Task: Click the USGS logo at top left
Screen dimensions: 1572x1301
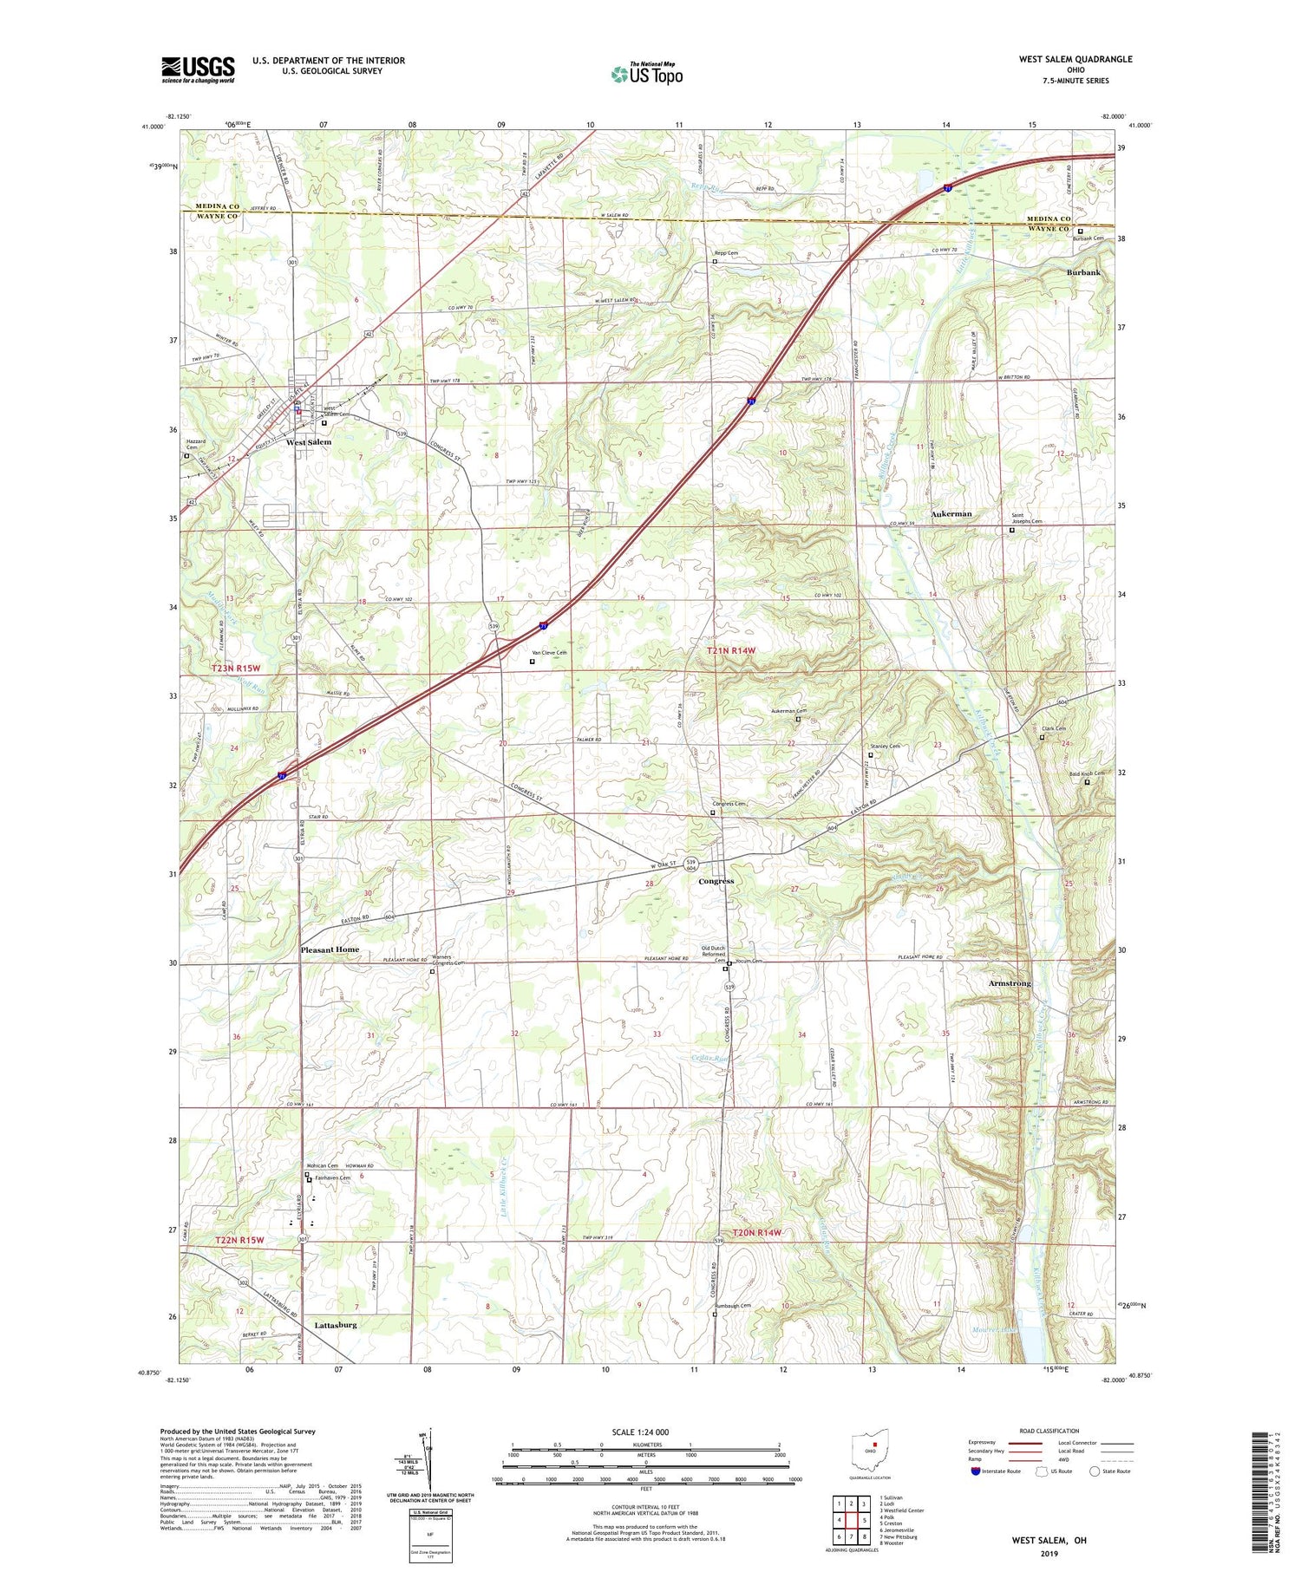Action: pyautogui.click(x=198, y=69)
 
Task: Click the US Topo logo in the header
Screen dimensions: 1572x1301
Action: pyautogui.click(x=646, y=74)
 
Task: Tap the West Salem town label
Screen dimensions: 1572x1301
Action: pyautogui.click(x=309, y=442)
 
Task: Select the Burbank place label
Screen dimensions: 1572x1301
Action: pyautogui.click(x=1083, y=272)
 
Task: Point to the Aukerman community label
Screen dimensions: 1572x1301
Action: pyautogui.click(x=951, y=514)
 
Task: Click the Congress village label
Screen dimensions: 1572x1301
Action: pyautogui.click(x=716, y=881)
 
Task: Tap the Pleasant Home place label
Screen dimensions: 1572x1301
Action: pyautogui.click(x=330, y=949)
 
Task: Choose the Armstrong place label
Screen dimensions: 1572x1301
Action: pyautogui.click(x=1010, y=983)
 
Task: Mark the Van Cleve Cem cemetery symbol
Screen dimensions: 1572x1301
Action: pyautogui.click(x=532, y=662)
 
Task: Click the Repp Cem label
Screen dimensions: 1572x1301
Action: pyautogui.click(x=726, y=253)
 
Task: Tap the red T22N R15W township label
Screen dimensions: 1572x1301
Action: pyautogui.click(x=239, y=1241)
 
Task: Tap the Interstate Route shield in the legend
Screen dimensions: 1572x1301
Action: pyautogui.click(x=976, y=1471)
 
